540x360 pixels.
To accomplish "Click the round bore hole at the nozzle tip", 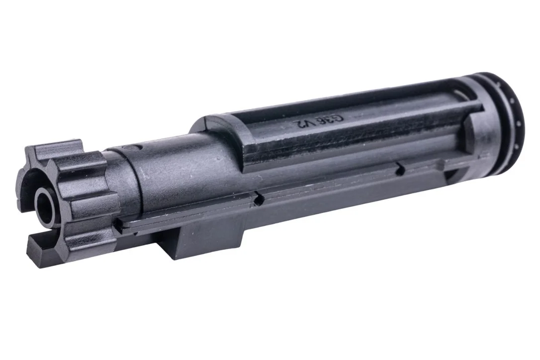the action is (x=44, y=206).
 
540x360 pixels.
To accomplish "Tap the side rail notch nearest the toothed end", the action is (x=260, y=198).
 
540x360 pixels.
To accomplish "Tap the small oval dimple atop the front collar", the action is (x=138, y=147).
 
